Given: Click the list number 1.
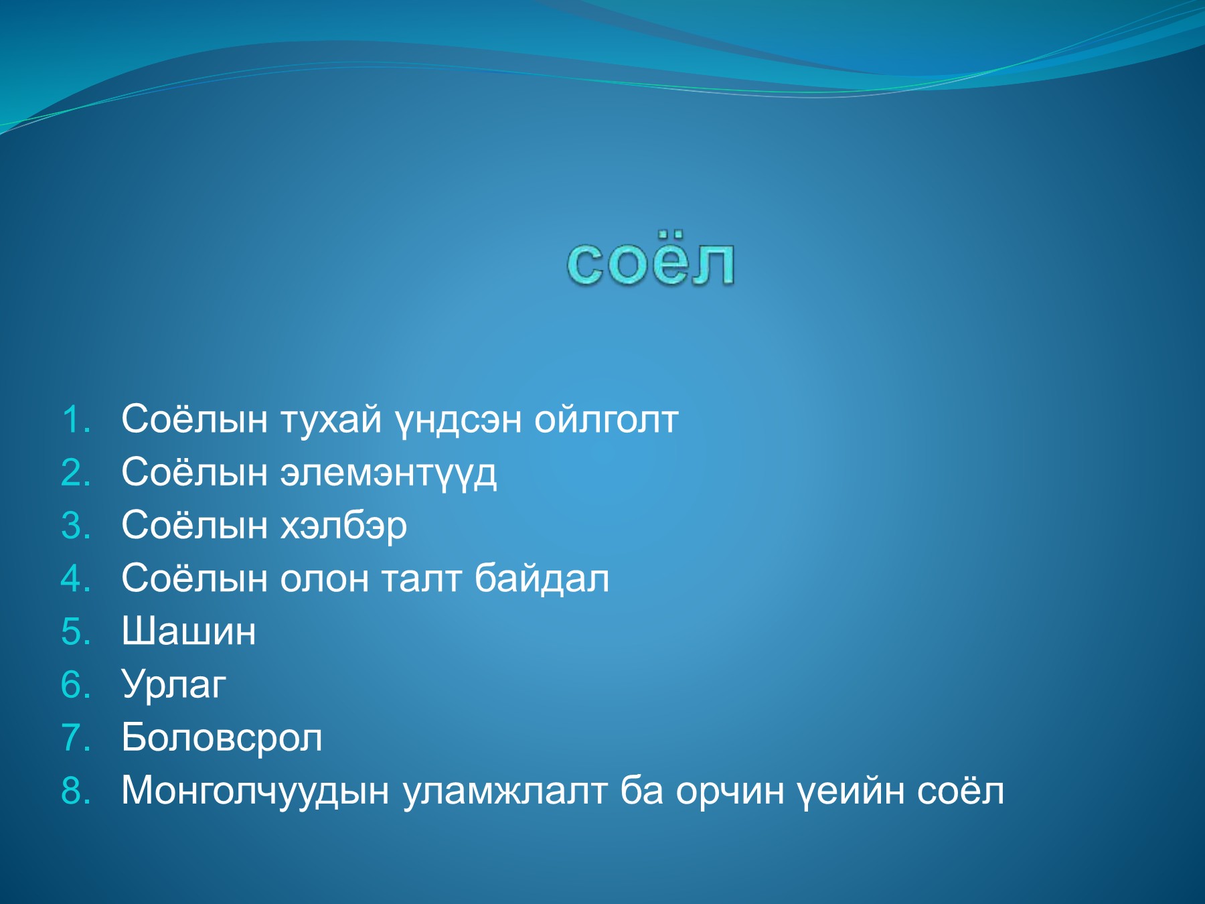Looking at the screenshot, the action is [x=76, y=420].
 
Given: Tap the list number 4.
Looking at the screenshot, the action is [x=76, y=579].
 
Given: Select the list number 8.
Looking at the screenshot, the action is [x=76, y=791].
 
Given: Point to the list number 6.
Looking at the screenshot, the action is [x=76, y=685].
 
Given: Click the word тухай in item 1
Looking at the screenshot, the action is [x=330, y=421].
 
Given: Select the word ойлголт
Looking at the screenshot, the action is [x=607, y=421].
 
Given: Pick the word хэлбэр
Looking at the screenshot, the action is [x=343, y=527].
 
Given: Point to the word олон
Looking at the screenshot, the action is [x=324, y=581].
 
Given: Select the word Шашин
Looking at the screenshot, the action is [x=189, y=631].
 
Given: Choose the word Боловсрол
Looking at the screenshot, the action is [x=222, y=738].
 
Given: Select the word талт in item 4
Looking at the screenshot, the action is [x=421, y=581].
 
